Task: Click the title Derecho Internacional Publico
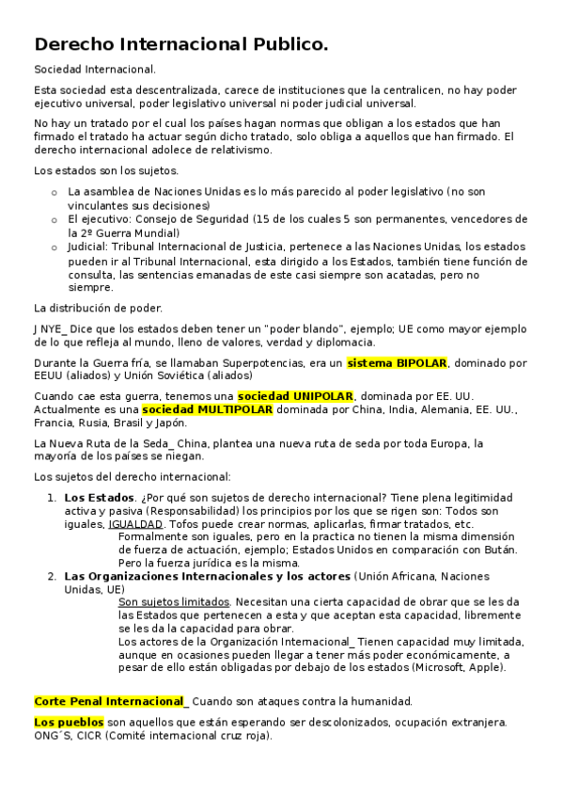pyautogui.click(x=181, y=44)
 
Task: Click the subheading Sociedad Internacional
pyautogui.click(x=95, y=70)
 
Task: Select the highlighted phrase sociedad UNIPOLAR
pyautogui.click(x=295, y=396)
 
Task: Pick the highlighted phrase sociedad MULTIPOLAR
pyautogui.click(x=207, y=409)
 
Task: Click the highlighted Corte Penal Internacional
pyautogui.click(x=109, y=701)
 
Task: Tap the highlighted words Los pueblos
pyautogui.click(x=69, y=722)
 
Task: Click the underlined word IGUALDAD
pyautogui.click(x=135, y=523)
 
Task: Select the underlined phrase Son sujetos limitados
pyautogui.click(x=174, y=601)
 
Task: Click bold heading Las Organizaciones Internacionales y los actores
pyautogui.click(x=207, y=576)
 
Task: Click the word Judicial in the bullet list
pyautogui.click(x=87, y=247)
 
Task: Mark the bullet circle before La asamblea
pyautogui.click(x=54, y=192)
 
